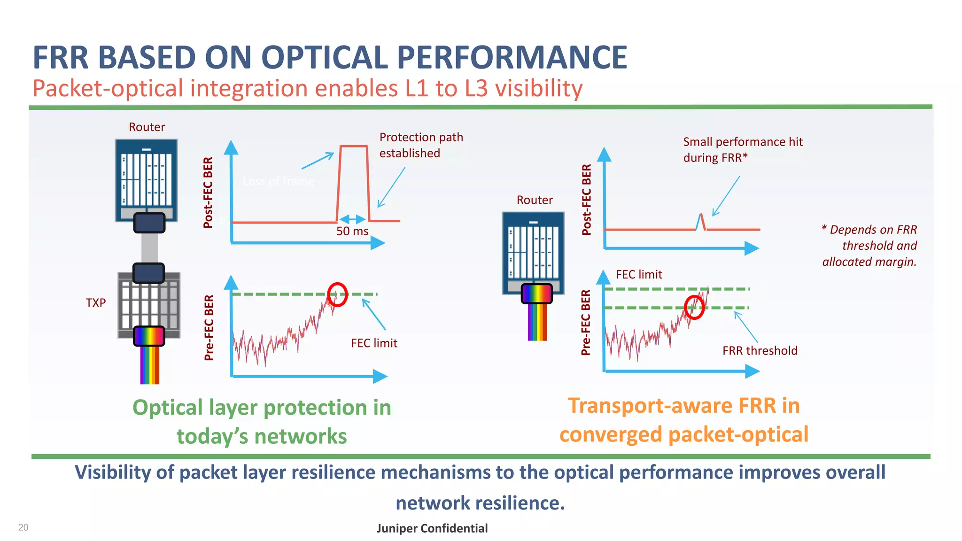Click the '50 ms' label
(352, 231)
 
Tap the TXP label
(96, 303)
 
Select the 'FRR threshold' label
(760, 351)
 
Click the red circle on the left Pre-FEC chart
(337, 295)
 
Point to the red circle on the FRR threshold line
(694, 308)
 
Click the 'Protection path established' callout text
(421, 145)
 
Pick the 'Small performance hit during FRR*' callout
(743, 150)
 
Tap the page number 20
(23, 527)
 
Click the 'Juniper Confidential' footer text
(432, 528)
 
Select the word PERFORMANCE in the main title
(512, 58)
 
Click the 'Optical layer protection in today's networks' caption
(262, 422)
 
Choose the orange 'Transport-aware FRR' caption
(684, 420)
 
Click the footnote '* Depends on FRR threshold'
(869, 246)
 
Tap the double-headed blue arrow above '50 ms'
(352, 219)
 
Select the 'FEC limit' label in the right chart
(639, 275)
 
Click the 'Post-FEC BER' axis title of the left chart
(208, 193)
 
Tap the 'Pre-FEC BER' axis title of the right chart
(586, 322)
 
